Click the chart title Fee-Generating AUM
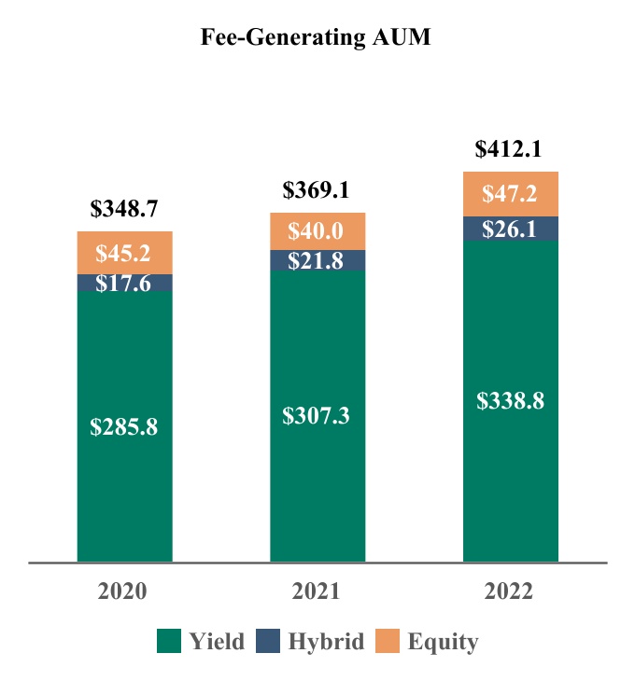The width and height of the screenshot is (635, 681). pos(317,39)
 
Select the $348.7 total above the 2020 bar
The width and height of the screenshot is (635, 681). pos(124,210)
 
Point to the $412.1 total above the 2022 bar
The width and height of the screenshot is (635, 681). pos(510,149)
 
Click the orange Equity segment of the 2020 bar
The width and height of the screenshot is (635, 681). pos(124,253)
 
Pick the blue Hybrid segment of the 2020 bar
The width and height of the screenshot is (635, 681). pos(124,283)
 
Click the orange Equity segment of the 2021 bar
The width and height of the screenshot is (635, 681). pos(317,231)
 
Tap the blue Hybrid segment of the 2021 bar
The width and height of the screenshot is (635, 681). pos(317,261)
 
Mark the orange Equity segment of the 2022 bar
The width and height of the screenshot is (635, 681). pos(510,194)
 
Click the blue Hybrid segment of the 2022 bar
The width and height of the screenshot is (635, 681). pos(510,229)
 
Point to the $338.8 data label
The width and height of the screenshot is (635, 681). pos(510,401)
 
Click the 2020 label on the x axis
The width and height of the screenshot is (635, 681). pos(124,592)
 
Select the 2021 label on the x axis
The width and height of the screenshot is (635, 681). pos(317,592)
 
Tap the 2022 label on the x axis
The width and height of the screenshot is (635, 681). pos(510,592)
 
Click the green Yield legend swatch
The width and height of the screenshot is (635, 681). pos(168,641)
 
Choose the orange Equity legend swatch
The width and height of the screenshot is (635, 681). pos(388,641)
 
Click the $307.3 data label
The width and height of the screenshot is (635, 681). pos(317,416)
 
